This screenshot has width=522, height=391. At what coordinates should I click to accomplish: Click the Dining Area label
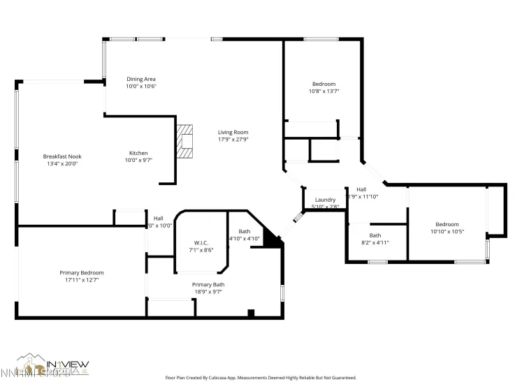140,79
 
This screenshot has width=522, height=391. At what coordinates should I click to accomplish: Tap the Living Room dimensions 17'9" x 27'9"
233,140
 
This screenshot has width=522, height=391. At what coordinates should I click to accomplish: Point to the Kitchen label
138,153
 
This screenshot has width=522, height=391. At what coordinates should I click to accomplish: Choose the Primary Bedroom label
81,272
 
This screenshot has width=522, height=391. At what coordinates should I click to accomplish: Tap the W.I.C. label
201,242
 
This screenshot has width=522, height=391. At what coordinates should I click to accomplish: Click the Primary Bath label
208,284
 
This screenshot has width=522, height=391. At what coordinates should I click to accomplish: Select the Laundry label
325,200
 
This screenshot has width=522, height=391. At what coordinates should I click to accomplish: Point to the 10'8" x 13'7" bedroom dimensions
324,91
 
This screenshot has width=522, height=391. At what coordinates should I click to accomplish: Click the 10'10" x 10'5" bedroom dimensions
447,231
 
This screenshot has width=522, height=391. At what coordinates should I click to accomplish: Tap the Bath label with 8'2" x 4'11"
375,235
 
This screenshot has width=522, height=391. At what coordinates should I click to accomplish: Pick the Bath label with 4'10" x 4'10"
245,231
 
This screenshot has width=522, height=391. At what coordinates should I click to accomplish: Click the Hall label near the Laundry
361,189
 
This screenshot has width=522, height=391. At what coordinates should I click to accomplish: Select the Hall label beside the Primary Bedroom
159,218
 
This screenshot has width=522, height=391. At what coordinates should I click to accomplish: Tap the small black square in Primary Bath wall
252,313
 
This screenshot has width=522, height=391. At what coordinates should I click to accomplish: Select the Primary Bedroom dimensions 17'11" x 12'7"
81,280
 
